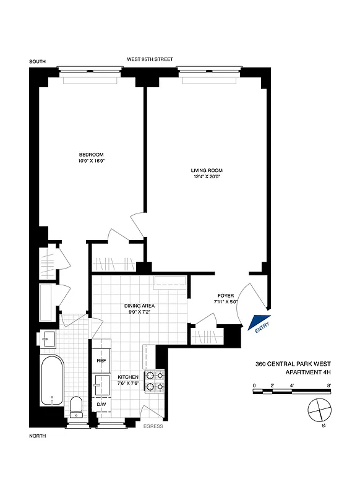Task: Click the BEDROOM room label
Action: coord(90,154)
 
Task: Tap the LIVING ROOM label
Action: coord(207,170)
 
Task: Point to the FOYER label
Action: coord(225,296)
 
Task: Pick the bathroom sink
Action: coord(48,339)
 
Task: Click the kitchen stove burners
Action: coord(153,381)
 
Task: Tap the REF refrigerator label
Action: coord(102,360)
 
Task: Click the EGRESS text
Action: coord(153,426)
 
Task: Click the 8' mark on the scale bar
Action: coord(330,385)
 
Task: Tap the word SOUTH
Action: coord(38,61)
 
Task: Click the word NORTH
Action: coord(38,436)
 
